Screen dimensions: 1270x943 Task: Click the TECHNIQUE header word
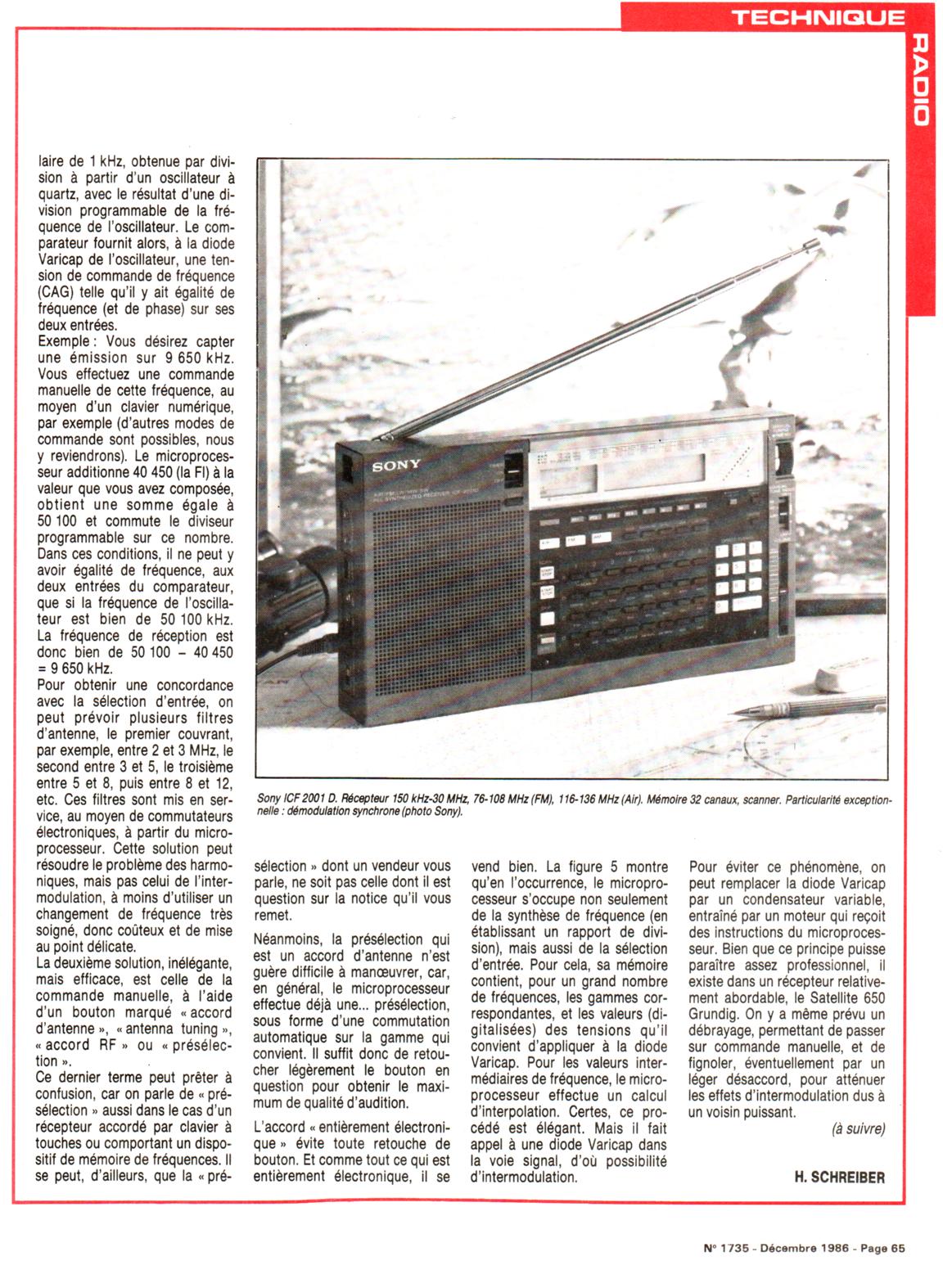(818, 16)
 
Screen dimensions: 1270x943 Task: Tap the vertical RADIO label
(920, 79)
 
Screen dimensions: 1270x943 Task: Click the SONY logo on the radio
(397, 466)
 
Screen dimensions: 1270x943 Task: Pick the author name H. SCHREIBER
(839, 1177)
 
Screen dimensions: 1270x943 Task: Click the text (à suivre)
(858, 1128)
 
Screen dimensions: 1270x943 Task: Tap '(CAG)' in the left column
(54, 292)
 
